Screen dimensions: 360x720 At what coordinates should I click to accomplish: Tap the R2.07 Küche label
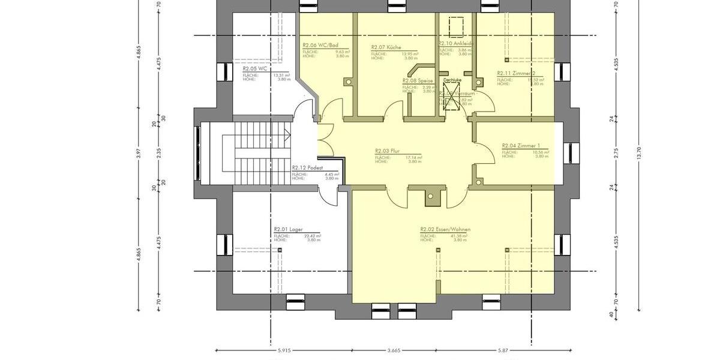386,47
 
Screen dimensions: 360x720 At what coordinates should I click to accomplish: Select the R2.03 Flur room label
388,151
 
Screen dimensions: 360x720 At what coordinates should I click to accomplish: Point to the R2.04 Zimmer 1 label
521,146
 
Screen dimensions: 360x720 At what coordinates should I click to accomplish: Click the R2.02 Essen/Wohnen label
445,229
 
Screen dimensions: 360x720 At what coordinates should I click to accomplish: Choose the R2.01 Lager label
288,229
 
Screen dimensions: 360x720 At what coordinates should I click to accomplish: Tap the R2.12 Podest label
307,168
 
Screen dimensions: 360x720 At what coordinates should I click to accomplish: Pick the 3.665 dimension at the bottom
394,350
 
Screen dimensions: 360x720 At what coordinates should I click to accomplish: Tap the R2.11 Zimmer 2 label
515,73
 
